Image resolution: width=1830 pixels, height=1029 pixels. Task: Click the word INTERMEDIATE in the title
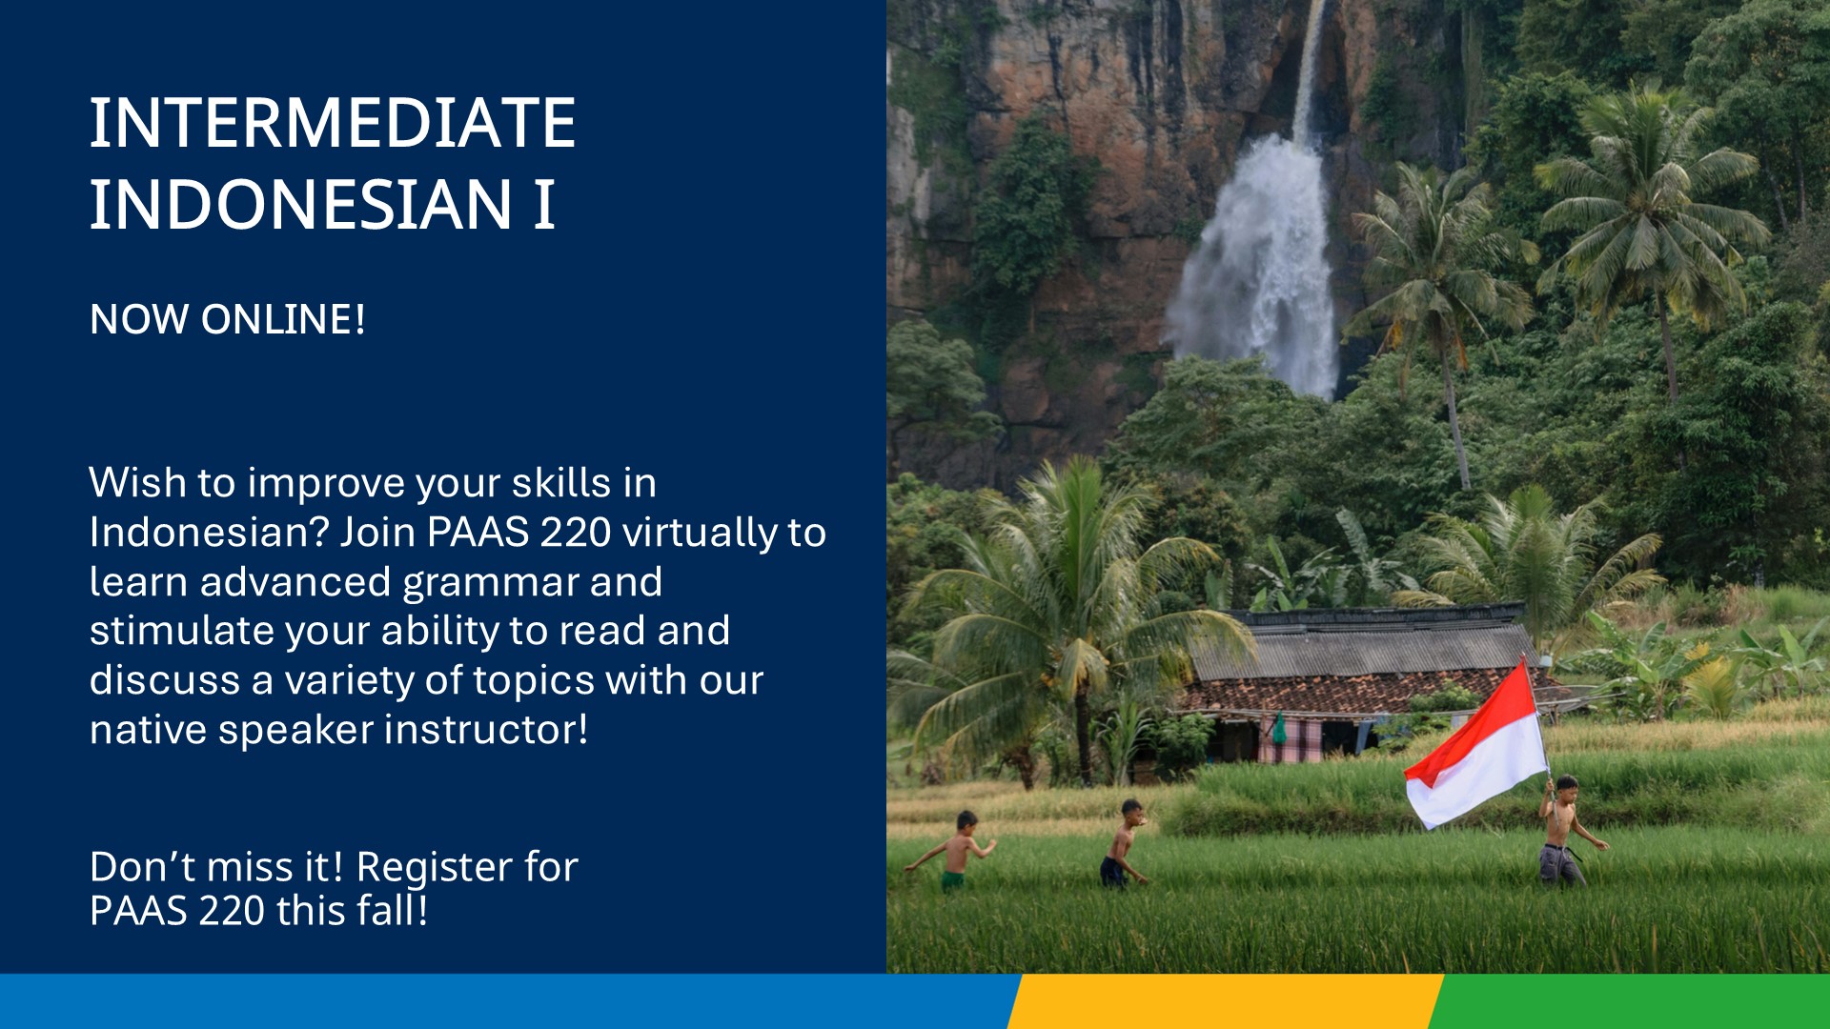pos(333,123)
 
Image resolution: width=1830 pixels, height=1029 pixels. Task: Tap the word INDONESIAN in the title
pos(301,204)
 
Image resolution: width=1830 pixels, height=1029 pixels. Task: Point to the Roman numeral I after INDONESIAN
pos(544,204)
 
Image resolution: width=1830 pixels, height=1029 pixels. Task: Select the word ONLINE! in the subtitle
pos(283,319)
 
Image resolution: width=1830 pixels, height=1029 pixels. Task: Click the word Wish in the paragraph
pos(138,482)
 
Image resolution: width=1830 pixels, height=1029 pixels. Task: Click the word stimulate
pos(182,631)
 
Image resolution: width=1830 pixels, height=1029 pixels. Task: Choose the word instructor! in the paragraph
pos(486,730)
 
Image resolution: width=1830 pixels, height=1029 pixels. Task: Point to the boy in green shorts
pos(956,851)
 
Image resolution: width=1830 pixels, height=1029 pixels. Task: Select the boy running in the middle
pos(1125,843)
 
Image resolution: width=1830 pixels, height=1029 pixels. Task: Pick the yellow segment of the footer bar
pos(1225,1001)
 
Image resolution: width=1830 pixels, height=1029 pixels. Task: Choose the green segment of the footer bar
pos(1629,1001)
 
